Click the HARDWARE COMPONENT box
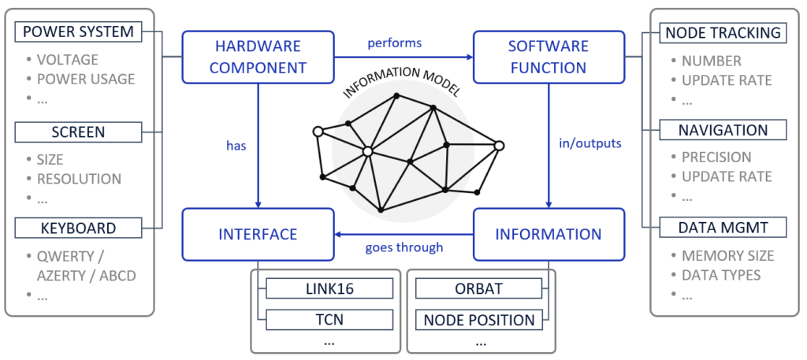tap(258, 57)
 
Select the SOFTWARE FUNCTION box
tap(549, 57)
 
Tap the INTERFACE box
tap(258, 234)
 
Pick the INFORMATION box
tap(549, 234)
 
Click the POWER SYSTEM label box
tap(78, 32)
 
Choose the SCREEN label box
tap(78, 132)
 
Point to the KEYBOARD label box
tap(78, 228)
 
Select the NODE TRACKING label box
tap(723, 32)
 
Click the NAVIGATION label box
tap(723, 130)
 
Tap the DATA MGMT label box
tap(723, 228)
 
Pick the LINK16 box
tap(329, 288)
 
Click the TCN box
tap(329, 320)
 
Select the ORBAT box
tap(478, 288)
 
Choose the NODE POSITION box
tap(478, 320)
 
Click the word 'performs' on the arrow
tap(395, 43)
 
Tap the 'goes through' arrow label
tap(403, 247)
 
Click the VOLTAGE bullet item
tap(67, 60)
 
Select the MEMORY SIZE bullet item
tap(727, 255)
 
